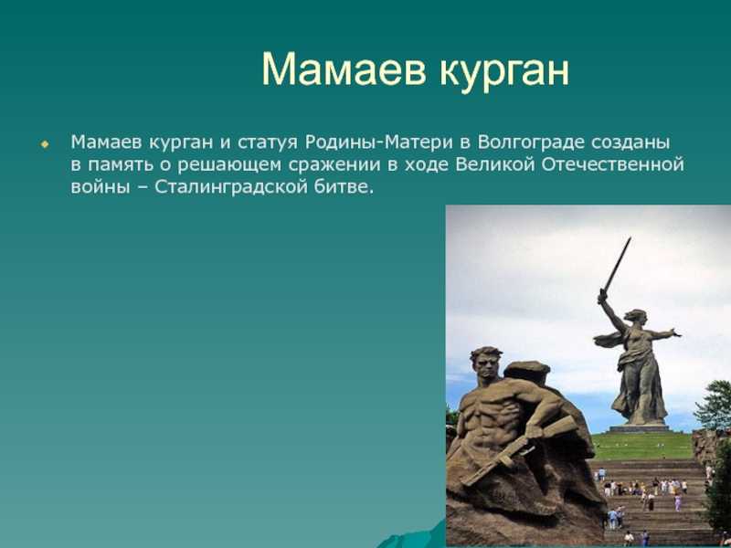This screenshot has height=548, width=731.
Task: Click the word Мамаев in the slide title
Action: point(344,70)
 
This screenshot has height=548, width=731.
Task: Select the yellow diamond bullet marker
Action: point(45,144)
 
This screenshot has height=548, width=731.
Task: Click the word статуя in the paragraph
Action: point(267,143)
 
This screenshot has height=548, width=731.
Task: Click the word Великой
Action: point(494,164)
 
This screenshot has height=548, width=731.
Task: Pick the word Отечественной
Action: point(613,165)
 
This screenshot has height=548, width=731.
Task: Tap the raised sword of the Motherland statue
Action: point(617,264)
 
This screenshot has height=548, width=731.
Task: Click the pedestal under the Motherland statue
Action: point(639,428)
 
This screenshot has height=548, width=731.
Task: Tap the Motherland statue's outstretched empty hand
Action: point(675,332)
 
